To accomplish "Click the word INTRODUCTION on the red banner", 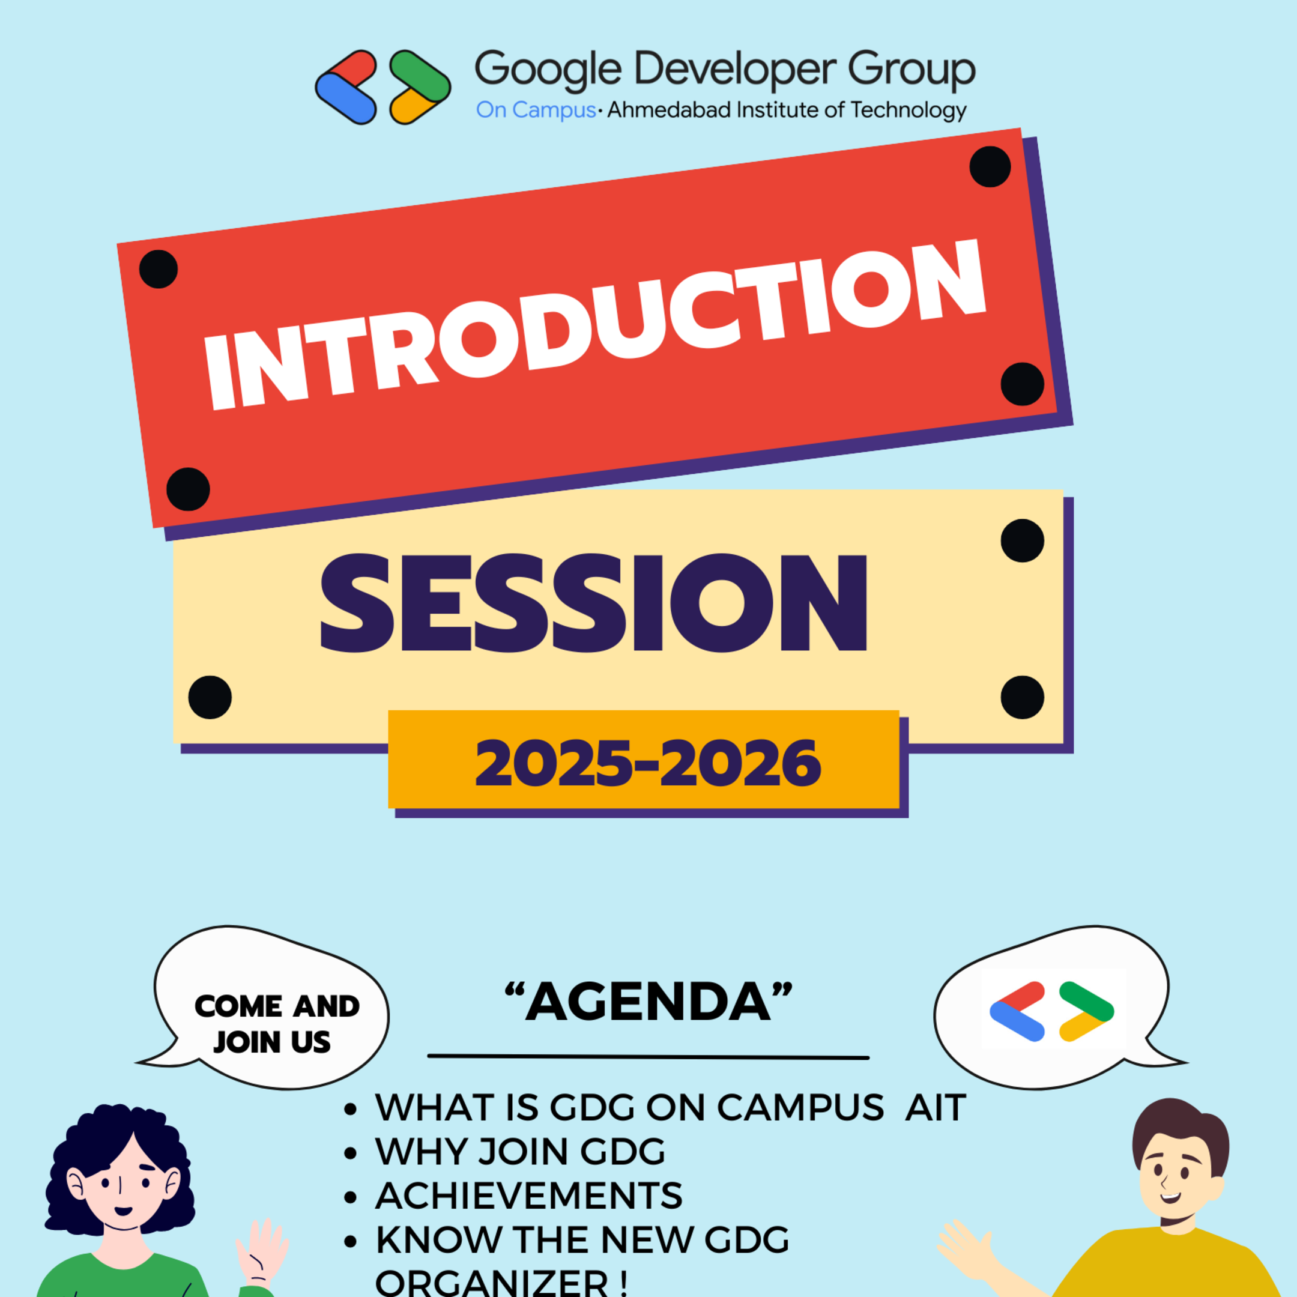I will [594, 325].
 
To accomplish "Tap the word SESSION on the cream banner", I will [594, 603].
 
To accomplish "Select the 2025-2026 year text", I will [648, 763].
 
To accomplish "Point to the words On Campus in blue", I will [535, 110].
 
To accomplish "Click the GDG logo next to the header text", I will [382, 87].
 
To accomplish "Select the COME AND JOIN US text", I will [276, 1024].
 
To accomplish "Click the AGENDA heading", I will [648, 1002].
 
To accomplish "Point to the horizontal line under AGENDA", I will [648, 1057].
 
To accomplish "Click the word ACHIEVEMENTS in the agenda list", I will [528, 1196].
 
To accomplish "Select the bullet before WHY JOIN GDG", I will [349, 1153].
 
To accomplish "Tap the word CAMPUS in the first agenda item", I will [800, 1108].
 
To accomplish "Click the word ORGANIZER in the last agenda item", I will [492, 1284].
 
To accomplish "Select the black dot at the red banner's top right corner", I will [990, 166].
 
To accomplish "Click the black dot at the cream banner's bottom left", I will [210, 698].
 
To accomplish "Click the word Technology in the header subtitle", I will [908, 110].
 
